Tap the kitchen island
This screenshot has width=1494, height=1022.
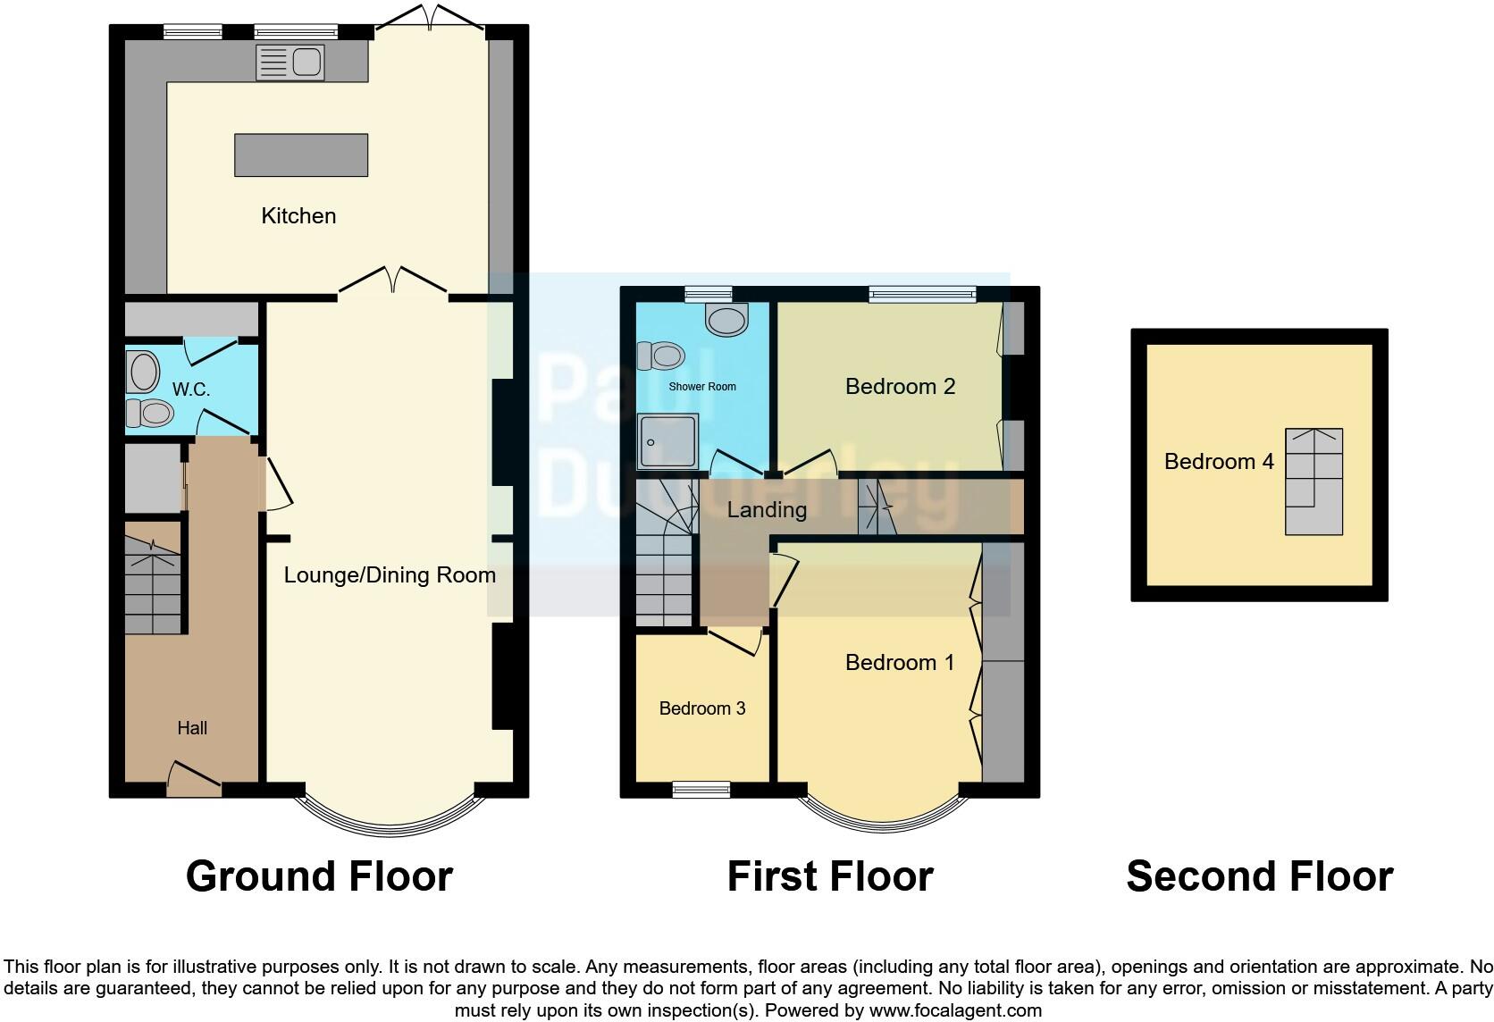pyautogui.click(x=301, y=155)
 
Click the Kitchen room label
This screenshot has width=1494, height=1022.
pyautogui.click(x=298, y=215)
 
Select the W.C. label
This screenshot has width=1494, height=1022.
pyautogui.click(x=191, y=390)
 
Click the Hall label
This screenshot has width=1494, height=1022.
pyautogui.click(x=192, y=728)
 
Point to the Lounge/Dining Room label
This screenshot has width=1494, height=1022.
pyautogui.click(x=390, y=574)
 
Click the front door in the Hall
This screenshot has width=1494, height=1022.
pyautogui.click(x=193, y=780)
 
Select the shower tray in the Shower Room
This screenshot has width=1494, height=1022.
pyautogui.click(x=667, y=441)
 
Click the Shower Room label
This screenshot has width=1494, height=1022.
pyautogui.click(x=702, y=387)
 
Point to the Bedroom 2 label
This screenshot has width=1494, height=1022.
pyautogui.click(x=900, y=386)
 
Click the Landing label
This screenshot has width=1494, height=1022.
pyautogui.click(x=766, y=509)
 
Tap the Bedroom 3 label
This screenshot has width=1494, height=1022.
pyautogui.click(x=701, y=708)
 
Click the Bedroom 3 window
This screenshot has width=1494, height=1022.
pyautogui.click(x=701, y=789)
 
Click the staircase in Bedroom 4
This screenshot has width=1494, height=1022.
pyautogui.click(x=1314, y=482)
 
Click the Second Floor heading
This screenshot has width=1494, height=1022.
pyautogui.click(x=1259, y=876)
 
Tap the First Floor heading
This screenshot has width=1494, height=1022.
pyautogui.click(x=829, y=876)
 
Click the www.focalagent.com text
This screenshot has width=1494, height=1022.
pyautogui.click(x=955, y=1010)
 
